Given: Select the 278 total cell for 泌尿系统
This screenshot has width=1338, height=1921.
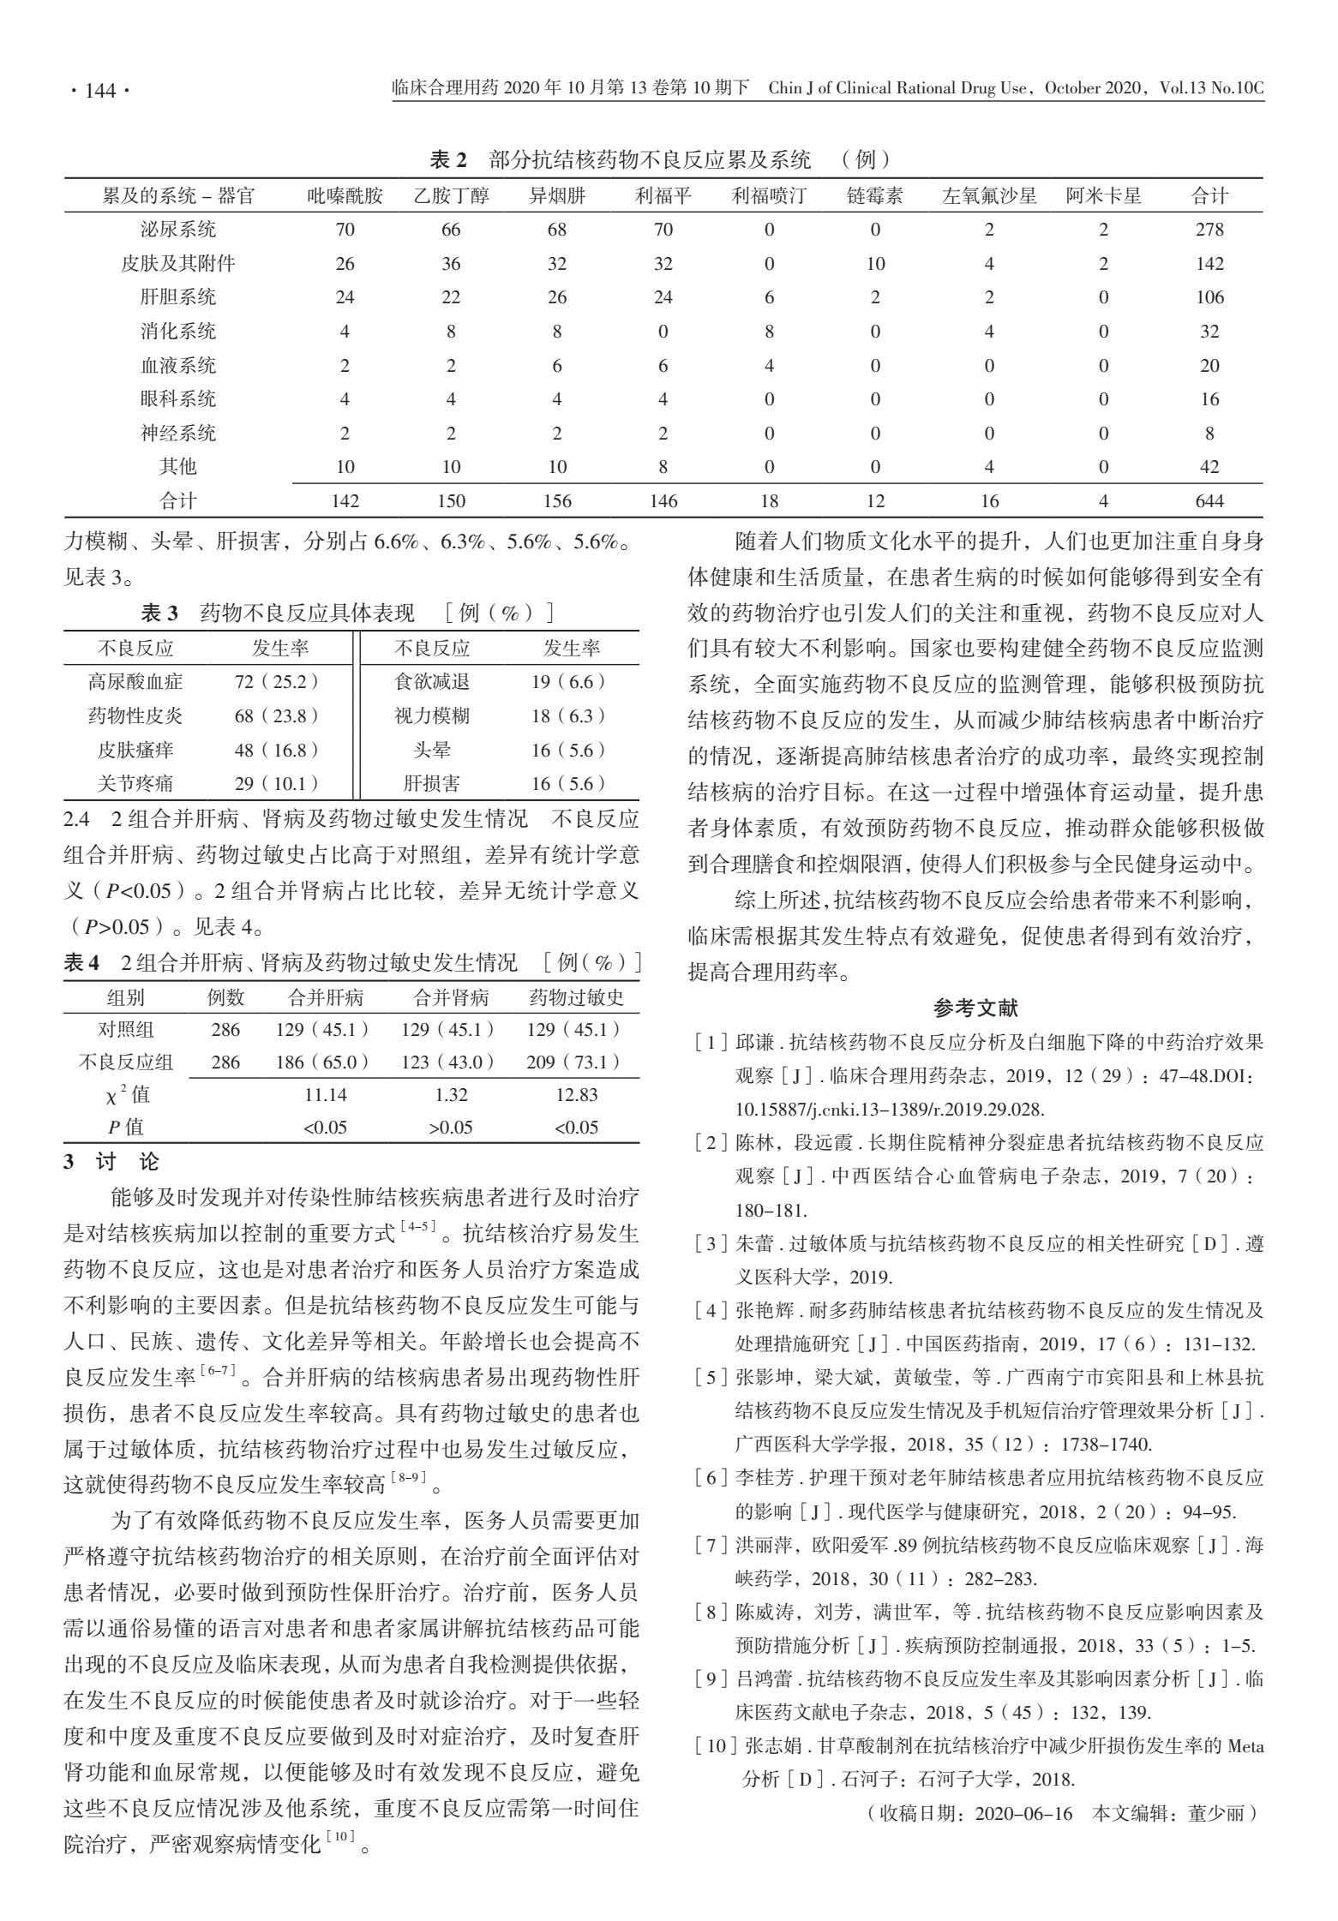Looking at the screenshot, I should pos(1209,230).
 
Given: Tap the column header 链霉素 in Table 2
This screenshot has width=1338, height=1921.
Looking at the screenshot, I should pos(874,195).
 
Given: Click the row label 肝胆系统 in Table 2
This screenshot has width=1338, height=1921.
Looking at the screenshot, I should pos(178,297).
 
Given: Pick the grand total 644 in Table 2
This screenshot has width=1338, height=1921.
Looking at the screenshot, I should pos(1209,501).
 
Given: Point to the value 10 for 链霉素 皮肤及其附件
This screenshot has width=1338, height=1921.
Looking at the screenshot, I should pos(874,264).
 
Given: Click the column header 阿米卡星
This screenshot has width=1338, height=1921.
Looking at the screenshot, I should pos(1103,195).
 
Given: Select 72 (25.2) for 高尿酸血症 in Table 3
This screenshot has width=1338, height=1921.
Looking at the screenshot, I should pos(276,682).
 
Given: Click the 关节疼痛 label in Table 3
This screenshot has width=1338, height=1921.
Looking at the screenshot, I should pos(135,782).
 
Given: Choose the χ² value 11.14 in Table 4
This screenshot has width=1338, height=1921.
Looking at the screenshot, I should pos(325,1094).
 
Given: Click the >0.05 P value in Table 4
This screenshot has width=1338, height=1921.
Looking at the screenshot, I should pos(451,1128).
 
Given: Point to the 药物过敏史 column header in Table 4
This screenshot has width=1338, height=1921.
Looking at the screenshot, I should pos(576,997).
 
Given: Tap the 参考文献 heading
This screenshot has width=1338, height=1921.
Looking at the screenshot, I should pos(975,1008).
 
